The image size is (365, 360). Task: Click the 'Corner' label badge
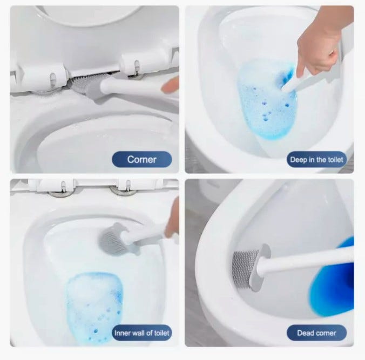tap(142, 159)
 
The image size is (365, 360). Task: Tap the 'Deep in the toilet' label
tap(316, 160)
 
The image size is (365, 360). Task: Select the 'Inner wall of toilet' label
tap(142, 333)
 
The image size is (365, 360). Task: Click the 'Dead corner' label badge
tap(316, 333)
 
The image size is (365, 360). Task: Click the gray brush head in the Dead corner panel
tap(245, 269)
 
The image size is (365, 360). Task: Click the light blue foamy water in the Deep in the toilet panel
tap(265, 100)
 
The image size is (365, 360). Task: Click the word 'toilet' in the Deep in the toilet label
tap(335, 160)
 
